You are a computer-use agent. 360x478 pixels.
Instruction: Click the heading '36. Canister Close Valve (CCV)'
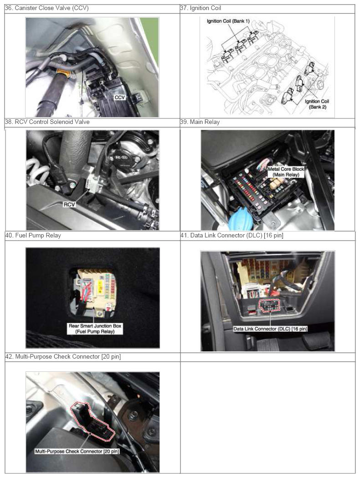coord(47,8)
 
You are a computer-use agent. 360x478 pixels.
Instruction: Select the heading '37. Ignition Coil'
coord(201,8)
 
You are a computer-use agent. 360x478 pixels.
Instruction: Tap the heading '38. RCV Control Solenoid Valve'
coord(47,122)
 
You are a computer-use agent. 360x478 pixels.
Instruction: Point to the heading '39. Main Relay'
coord(200,122)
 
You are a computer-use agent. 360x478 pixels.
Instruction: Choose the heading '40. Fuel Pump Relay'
coord(33,235)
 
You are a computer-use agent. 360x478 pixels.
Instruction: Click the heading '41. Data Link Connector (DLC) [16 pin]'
coord(231,235)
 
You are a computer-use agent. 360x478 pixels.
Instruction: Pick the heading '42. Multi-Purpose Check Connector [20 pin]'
coord(63,356)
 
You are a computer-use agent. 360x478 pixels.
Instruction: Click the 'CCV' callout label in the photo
coord(119,97)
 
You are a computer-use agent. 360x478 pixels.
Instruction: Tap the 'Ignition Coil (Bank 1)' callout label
coord(228,21)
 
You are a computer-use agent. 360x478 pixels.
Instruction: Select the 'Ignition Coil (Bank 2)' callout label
coord(317,104)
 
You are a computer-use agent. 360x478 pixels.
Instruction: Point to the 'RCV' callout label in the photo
coord(69,205)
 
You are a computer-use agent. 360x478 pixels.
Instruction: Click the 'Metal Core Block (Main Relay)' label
coord(286,172)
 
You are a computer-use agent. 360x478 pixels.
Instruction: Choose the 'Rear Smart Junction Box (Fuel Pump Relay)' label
coord(95,329)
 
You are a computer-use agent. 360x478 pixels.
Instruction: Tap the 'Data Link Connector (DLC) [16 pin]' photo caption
coord(270,329)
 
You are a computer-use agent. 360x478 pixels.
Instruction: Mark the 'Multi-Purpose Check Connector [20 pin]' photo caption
coord(77,451)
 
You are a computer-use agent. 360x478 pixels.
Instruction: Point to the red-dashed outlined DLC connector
coord(269,306)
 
